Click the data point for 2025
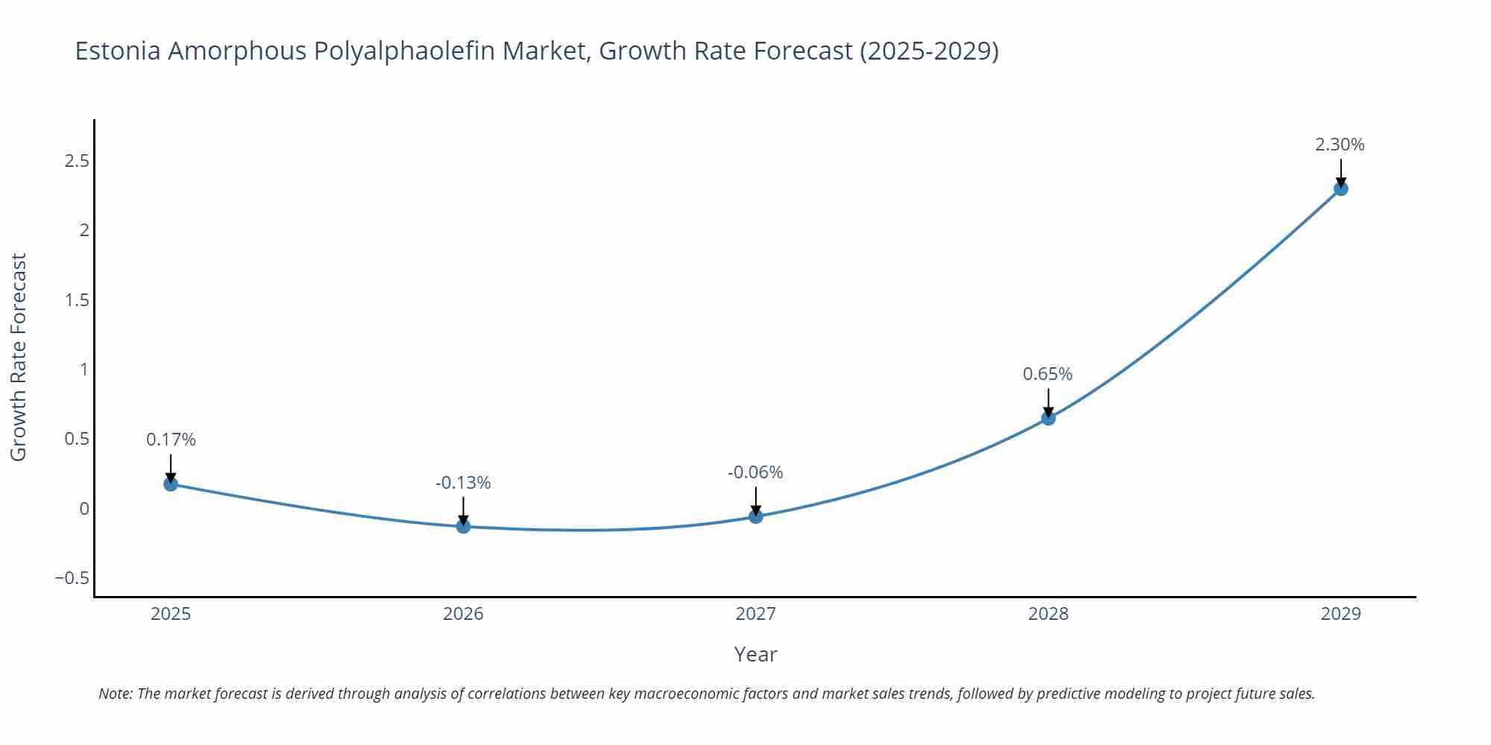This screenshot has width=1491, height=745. point(171,484)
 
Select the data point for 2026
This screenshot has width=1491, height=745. point(463,527)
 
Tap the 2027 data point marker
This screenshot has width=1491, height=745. point(756,516)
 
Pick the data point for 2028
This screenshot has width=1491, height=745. point(1048,418)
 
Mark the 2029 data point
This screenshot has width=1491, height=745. point(1340,188)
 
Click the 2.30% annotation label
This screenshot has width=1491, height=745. point(1340,145)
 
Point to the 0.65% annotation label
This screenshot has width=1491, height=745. point(1047,374)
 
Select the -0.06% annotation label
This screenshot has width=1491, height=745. point(755,472)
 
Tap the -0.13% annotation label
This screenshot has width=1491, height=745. point(463,483)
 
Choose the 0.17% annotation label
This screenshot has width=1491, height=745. point(171,440)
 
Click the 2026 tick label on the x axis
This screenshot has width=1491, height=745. point(463,614)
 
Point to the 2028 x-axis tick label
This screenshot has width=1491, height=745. point(1048,614)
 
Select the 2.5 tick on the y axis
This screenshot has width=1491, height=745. point(77,161)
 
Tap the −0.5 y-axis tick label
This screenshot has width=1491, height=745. point(72,578)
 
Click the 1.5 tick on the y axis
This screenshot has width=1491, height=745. point(77,300)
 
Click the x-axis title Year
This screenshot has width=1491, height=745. point(755,654)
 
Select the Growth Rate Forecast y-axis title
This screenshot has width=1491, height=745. point(19,357)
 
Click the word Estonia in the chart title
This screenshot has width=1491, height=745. point(117,51)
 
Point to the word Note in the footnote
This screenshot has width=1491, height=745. point(114,694)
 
